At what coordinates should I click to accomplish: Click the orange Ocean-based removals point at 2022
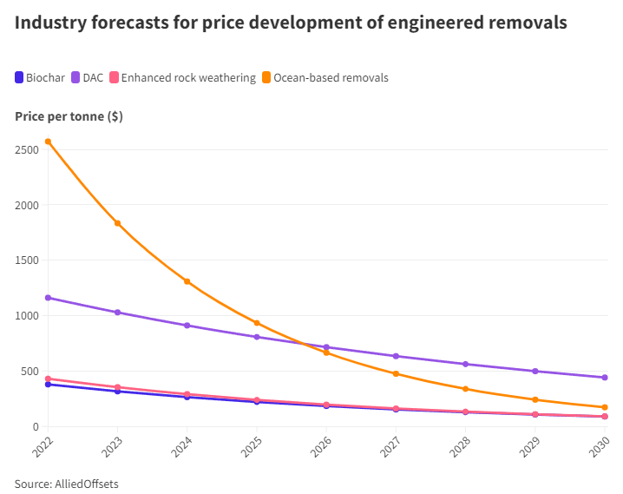(48, 142)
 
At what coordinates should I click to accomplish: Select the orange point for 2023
(118, 223)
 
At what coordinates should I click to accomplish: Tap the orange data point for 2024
(187, 281)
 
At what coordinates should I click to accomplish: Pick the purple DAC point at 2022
(48, 298)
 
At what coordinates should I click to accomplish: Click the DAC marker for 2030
(605, 378)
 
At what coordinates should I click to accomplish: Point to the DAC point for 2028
(466, 364)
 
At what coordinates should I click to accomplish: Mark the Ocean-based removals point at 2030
(605, 407)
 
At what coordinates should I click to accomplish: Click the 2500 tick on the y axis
(27, 149)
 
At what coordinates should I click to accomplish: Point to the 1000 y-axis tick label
(27, 315)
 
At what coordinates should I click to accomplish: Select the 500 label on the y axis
(30, 371)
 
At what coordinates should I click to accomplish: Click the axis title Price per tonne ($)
(69, 116)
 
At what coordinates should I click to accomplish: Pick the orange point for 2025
(257, 323)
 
